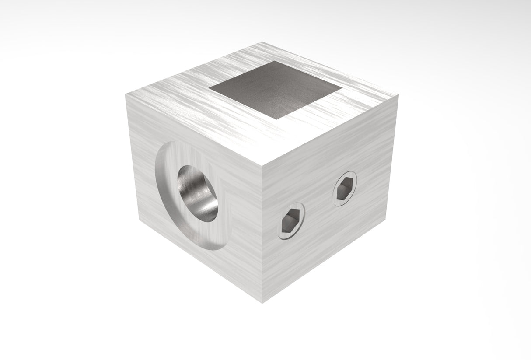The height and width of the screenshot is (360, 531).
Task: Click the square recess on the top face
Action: (276, 90)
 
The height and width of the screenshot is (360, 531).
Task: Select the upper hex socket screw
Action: (345, 188)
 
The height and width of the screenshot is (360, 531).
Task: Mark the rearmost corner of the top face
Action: (262, 42)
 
